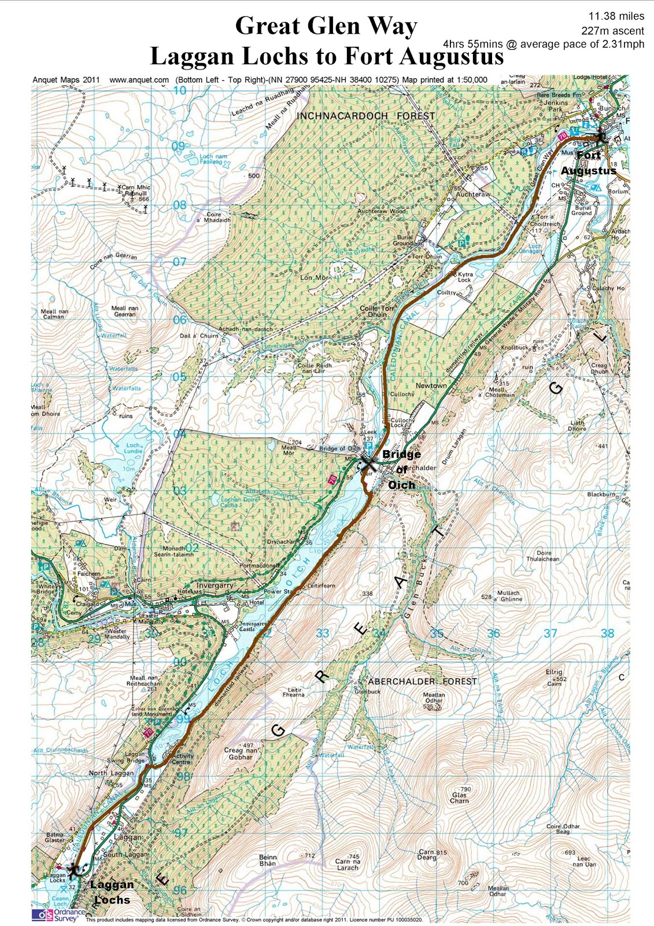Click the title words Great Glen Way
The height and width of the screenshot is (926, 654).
tap(326, 27)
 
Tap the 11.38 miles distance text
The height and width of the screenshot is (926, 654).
tap(616, 17)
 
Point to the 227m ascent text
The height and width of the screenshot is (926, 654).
tap(612, 31)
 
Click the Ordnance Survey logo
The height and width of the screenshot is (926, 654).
tap(58, 914)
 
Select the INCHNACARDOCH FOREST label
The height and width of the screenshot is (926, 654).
tap(365, 116)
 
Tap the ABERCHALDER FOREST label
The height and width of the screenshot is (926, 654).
tap(422, 681)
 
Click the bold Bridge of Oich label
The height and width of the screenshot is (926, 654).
tap(401, 469)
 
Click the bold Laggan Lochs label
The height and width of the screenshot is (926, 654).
tap(112, 892)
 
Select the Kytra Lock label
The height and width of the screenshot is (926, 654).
tap(465, 277)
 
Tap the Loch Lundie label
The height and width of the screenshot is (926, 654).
tap(134, 448)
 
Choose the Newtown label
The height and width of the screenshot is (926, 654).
tap(431, 385)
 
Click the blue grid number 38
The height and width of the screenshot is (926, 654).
tap(607, 633)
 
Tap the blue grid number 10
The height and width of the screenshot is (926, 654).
tap(180, 90)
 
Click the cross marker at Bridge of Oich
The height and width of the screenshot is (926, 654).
tap(368, 463)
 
